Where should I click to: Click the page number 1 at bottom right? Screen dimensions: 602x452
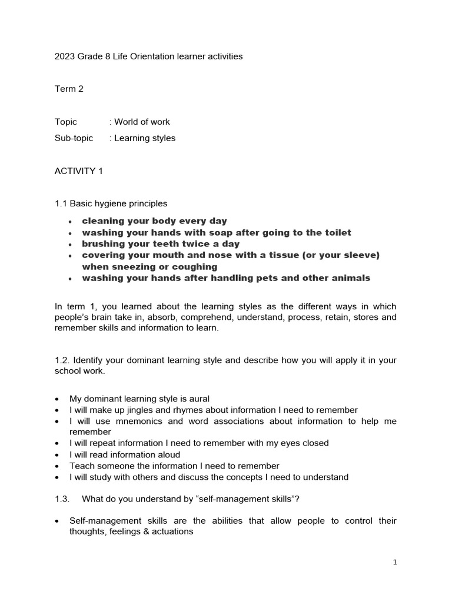pos(395,562)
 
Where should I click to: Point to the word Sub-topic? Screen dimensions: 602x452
pos(74,138)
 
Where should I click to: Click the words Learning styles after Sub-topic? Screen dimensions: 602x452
pos(145,138)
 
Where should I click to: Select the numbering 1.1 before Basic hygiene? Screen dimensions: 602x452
pos(61,203)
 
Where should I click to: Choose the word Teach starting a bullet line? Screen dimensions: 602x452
pos(81,466)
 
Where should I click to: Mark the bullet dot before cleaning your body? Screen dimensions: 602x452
pos(70,222)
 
